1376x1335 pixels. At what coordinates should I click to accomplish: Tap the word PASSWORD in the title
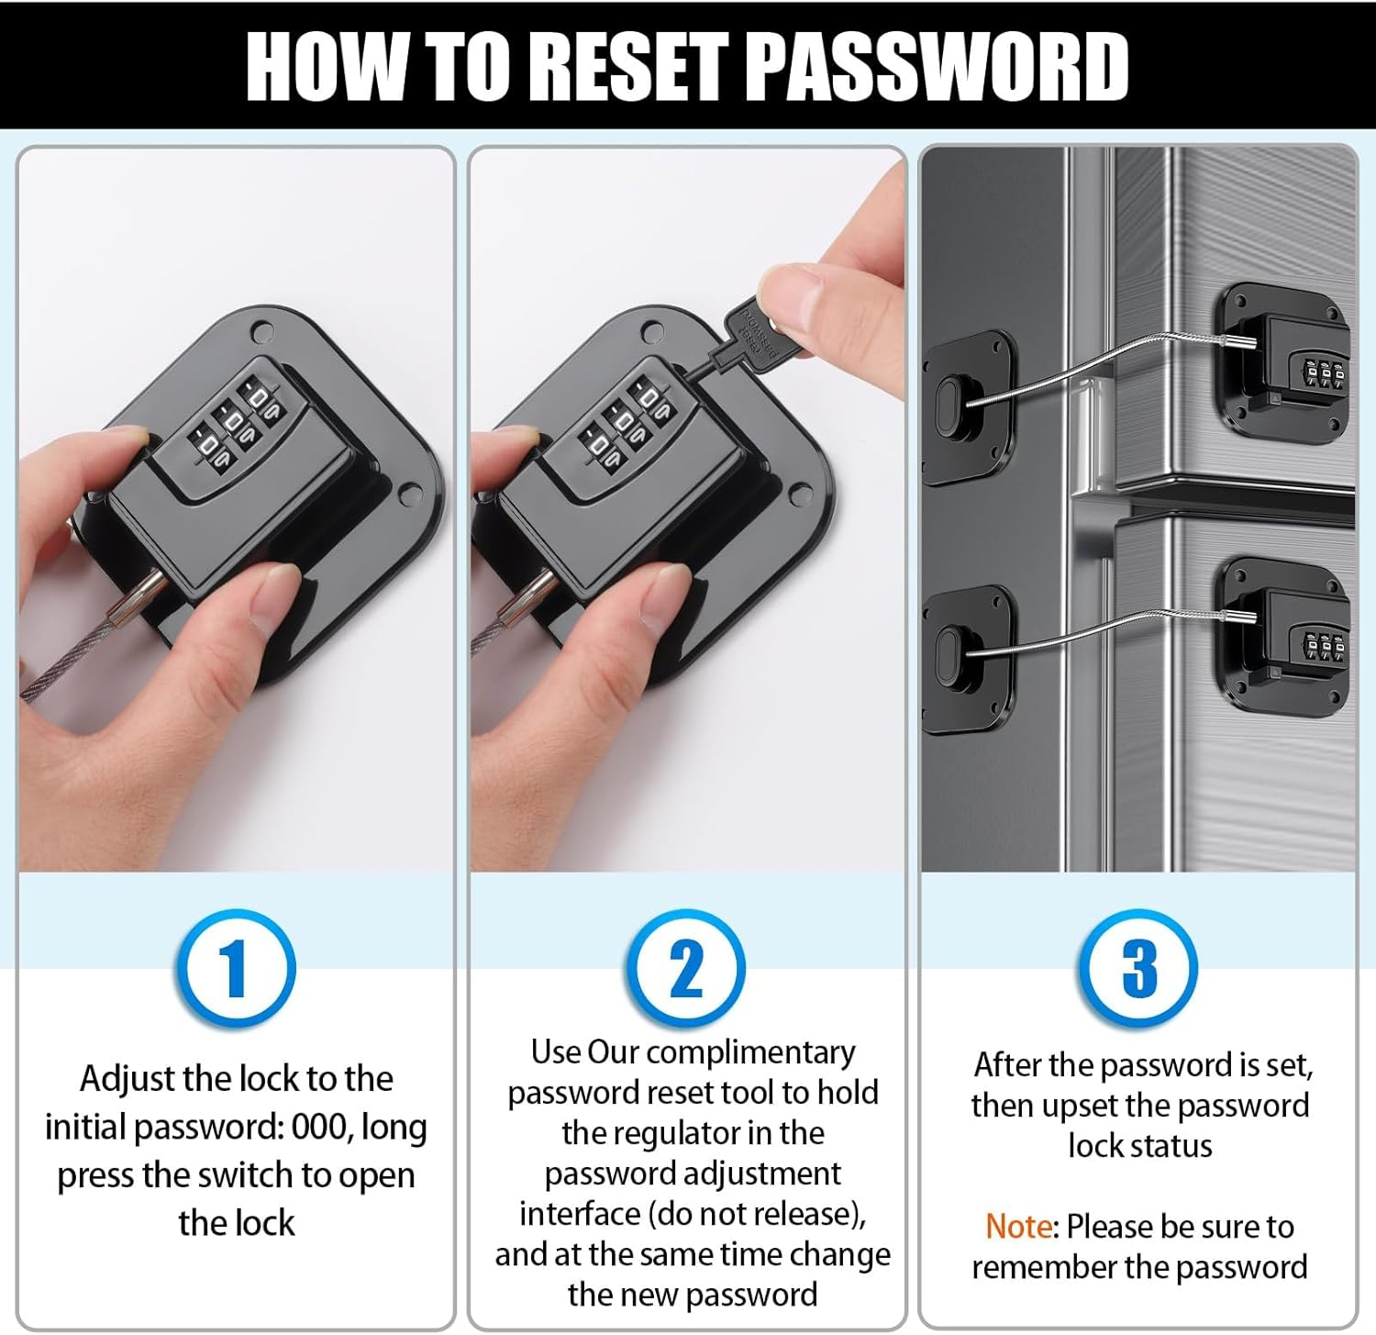(936, 66)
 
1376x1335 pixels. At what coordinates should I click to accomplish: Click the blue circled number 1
(236, 969)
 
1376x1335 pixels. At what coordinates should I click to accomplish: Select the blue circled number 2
(686, 969)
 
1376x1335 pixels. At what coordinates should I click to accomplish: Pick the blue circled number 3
(1138, 969)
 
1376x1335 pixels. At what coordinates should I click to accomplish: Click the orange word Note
(1019, 1226)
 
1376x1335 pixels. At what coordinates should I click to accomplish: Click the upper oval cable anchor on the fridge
(949, 406)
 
